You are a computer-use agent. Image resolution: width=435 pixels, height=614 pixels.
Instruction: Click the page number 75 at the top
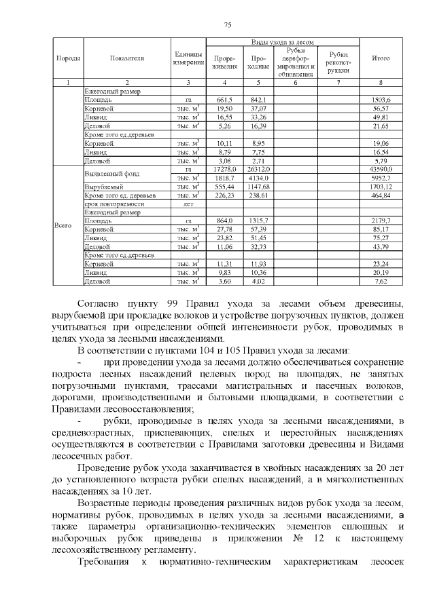point(228,25)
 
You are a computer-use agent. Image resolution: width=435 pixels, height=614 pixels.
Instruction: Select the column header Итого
point(381,58)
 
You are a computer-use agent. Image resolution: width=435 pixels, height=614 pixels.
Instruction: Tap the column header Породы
point(68,58)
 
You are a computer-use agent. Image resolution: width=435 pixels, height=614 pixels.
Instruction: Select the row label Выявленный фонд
point(107,173)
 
